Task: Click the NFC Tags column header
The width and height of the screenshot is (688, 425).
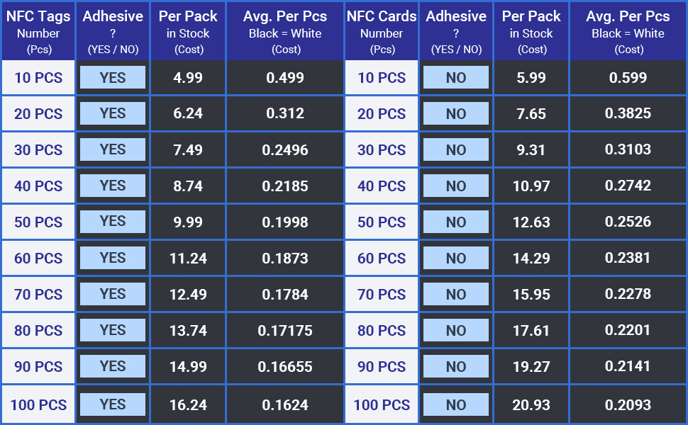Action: click(x=38, y=32)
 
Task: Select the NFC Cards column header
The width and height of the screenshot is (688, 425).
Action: click(x=382, y=32)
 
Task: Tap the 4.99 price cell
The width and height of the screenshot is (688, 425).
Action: click(x=188, y=77)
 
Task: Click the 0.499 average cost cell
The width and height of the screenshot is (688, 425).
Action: click(x=284, y=77)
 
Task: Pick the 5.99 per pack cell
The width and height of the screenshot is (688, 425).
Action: click(x=531, y=77)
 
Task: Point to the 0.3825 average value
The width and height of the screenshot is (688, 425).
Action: click(x=628, y=113)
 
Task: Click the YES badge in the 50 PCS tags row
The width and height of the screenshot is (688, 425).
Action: click(x=113, y=222)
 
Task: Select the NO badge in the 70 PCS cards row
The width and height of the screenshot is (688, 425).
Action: click(x=456, y=294)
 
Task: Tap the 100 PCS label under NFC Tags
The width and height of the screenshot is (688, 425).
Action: click(x=38, y=405)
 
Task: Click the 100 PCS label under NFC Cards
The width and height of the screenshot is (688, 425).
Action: click(x=382, y=405)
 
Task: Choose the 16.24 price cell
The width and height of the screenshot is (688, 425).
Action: click(x=188, y=405)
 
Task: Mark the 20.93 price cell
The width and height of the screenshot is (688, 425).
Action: click(x=531, y=405)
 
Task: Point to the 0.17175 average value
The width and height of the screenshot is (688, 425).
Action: click(x=284, y=330)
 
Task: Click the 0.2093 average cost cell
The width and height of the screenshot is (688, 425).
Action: click(x=628, y=405)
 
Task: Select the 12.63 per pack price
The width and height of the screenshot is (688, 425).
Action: click(x=531, y=222)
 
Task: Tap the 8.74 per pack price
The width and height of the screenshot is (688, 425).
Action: click(x=188, y=186)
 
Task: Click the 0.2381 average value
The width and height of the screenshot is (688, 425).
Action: click(x=628, y=258)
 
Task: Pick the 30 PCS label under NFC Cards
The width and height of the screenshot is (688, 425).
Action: click(x=382, y=150)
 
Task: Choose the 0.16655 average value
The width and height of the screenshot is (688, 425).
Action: click(x=284, y=366)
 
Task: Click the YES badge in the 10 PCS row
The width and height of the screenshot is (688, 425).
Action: click(x=113, y=77)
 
